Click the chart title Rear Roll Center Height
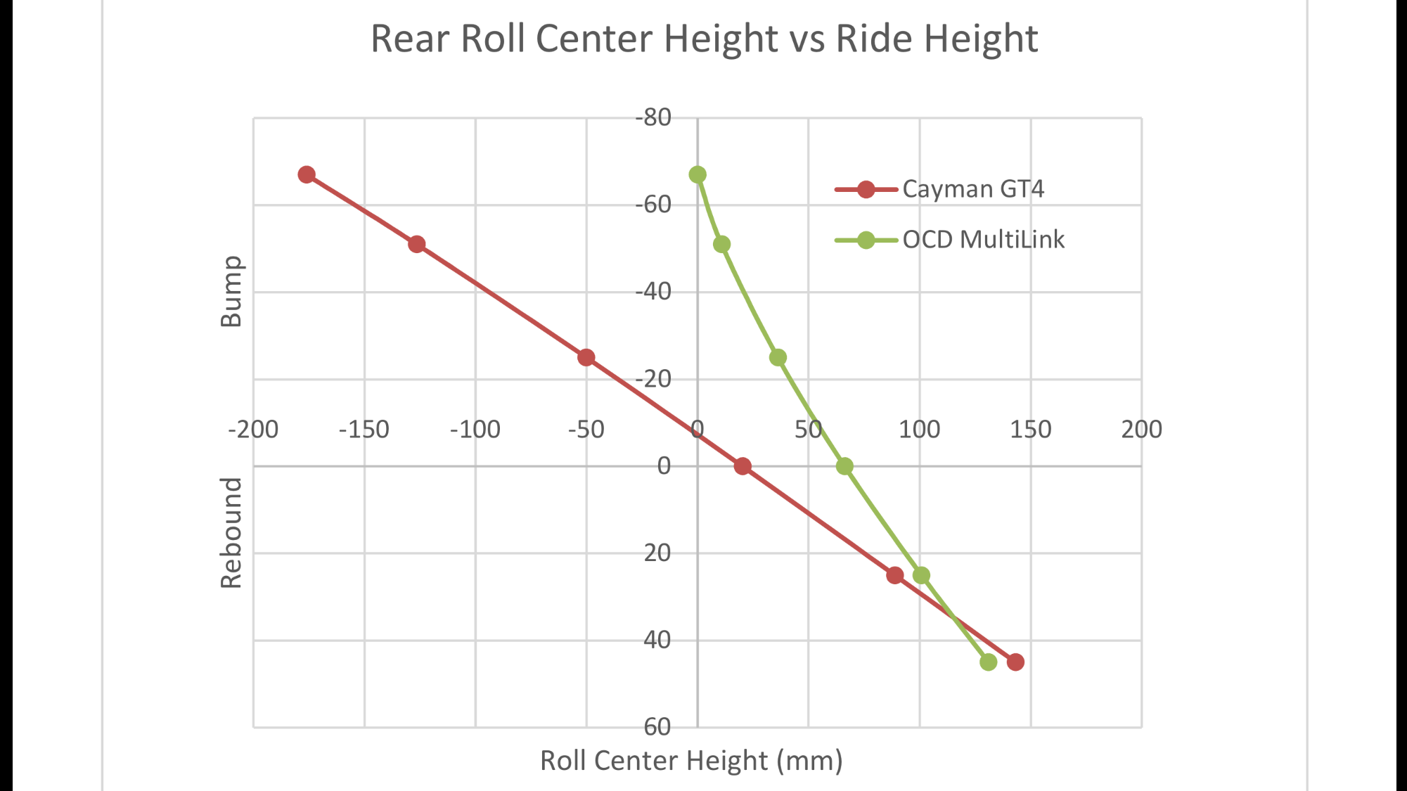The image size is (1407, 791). coord(704,39)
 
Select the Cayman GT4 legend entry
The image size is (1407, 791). coord(972,189)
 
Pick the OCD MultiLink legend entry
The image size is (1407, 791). coord(983,240)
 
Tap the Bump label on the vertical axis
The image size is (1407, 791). coord(231,291)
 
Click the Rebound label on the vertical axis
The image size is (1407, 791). coord(231,532)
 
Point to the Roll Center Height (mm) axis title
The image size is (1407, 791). coord(691,761)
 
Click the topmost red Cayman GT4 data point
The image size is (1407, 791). coord(307,174)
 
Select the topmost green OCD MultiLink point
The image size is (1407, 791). coord(698,174)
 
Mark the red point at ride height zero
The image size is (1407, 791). coord(743,466)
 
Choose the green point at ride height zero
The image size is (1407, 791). coord(844,466)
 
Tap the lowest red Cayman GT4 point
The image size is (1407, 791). coord(1015,662)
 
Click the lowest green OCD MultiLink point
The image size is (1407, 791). coord(989,662)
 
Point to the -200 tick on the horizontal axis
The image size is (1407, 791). coord(253,430)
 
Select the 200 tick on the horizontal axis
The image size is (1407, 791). coord(1141,430)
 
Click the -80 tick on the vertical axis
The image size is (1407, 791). coord(653,117)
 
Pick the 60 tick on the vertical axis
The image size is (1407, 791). coord(657,727)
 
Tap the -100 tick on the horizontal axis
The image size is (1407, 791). coord(475,430)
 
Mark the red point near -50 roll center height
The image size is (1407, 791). coord(586,357)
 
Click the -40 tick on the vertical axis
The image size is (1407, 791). coord(653,291)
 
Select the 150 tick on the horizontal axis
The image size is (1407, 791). coord(1031,430)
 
